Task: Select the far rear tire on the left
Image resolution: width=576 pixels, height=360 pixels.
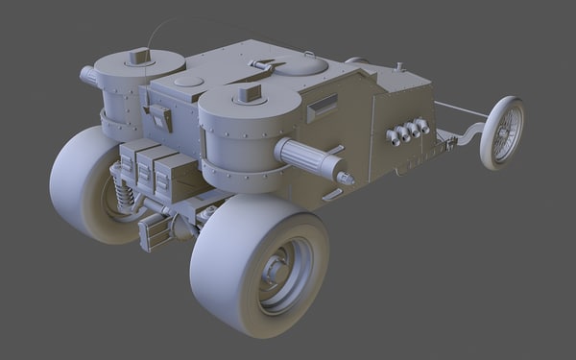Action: point(81,182)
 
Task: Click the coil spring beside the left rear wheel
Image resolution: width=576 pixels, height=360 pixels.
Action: point(122,188)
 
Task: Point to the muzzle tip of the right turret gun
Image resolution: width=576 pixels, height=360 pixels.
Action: point(348,178)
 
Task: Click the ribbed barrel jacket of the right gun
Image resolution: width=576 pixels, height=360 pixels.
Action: point(307,158)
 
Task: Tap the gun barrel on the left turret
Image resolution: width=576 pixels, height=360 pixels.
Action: point(88,75)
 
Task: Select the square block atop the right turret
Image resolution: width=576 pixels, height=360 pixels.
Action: point(249,93)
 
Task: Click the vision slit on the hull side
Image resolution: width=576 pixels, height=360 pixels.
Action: point(323,105)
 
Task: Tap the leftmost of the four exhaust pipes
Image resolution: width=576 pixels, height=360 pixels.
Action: point(393,137)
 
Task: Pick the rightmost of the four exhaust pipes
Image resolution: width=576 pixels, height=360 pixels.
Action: point(422,126)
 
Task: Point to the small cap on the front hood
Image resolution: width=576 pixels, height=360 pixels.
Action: point(398,67)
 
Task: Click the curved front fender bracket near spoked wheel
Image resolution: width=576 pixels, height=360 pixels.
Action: point(470,134)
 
